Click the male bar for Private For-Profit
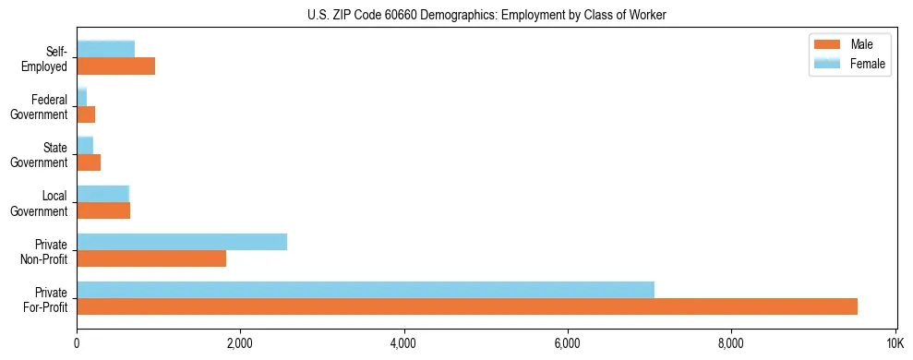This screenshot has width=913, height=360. (467, 306)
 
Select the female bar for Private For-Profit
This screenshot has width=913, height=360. (366, 290)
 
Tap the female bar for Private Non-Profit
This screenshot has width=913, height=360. (182, 242)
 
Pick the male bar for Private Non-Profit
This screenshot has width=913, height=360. (151, 258)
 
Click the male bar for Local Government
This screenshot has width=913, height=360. (103, 210)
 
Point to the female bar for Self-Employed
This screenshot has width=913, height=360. (106, 49)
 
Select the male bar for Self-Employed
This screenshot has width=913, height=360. (116, 66)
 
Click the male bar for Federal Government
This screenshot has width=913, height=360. (86, 114)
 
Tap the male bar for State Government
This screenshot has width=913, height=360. (89, 162)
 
